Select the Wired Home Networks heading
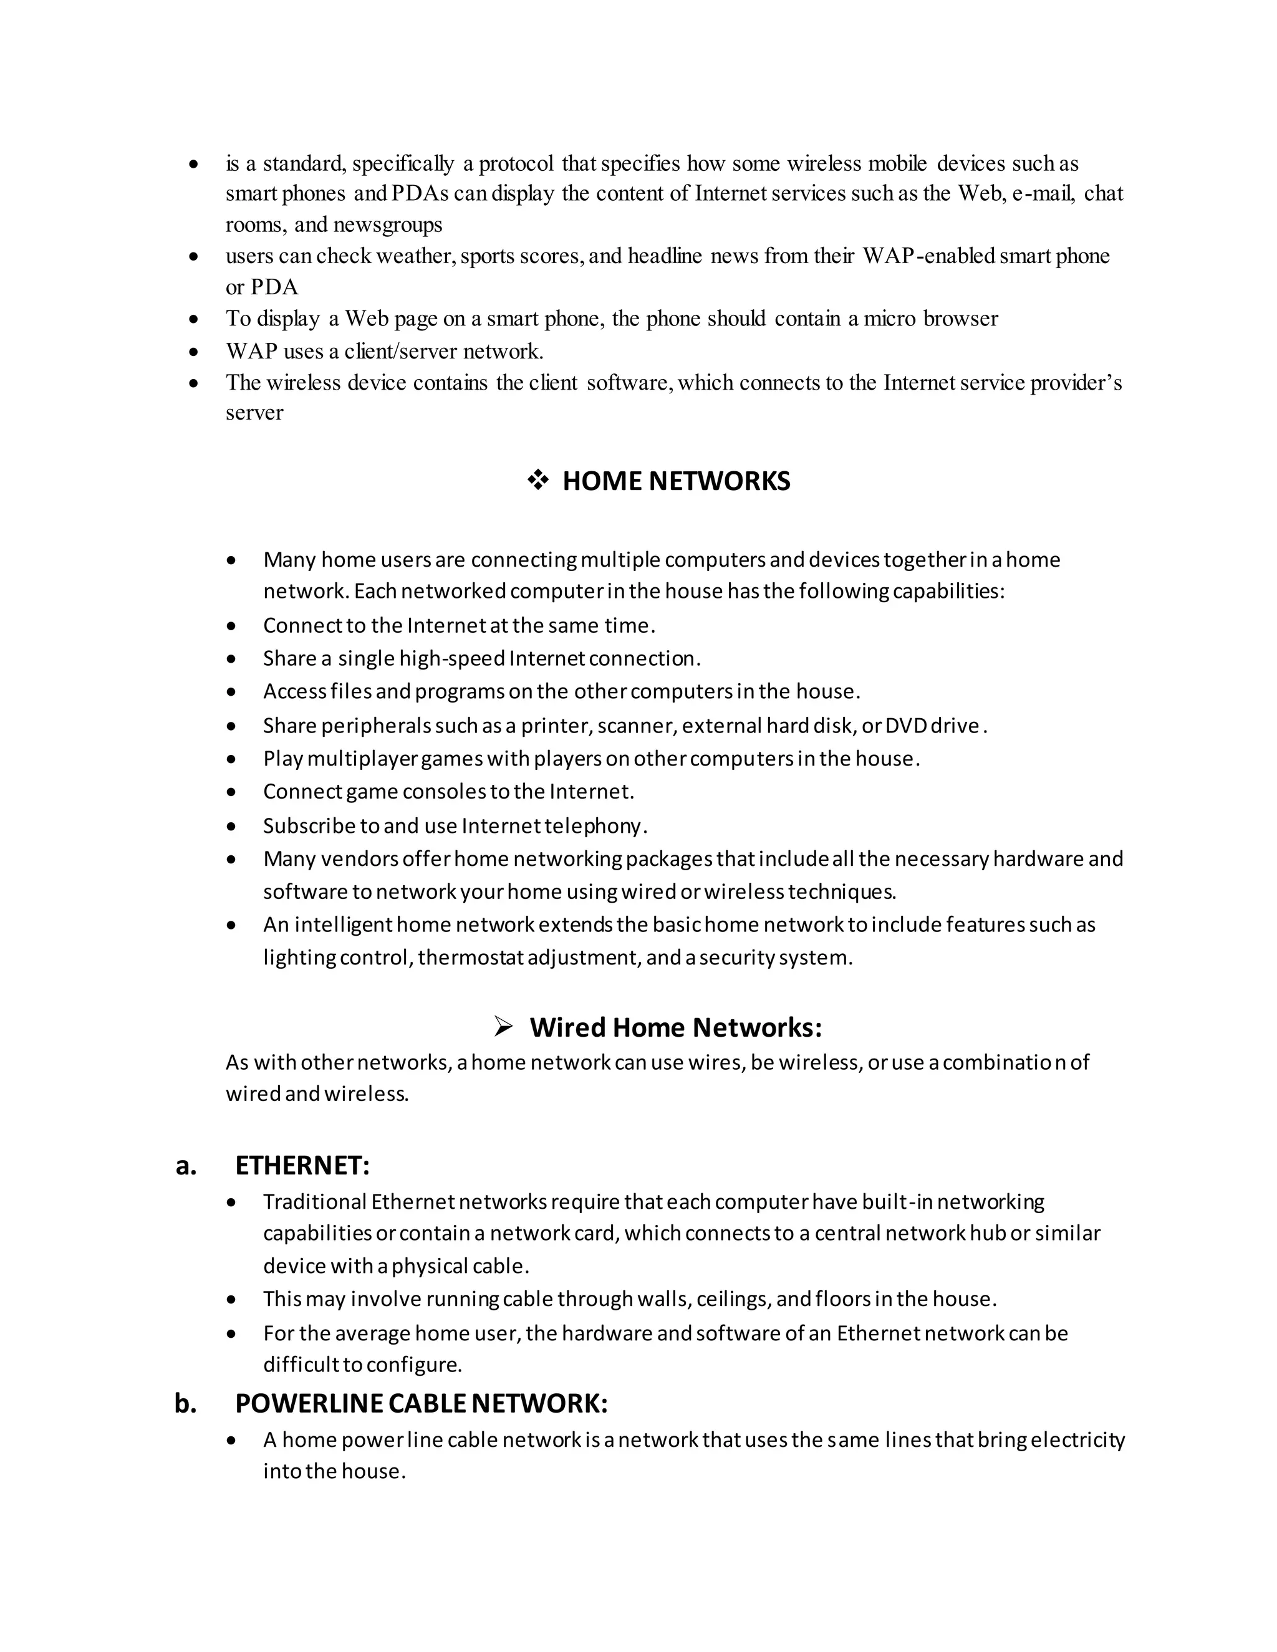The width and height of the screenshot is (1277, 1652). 675,1027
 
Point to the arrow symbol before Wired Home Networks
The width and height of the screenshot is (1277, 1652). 504,1027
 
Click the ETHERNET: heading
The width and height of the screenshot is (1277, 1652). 302,1166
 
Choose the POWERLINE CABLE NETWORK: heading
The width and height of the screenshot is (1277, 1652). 422,1403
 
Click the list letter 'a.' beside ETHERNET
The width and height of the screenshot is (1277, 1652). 186,1166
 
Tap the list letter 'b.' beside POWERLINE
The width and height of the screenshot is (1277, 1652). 186,1404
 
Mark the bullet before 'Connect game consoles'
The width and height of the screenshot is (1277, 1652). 231,792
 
